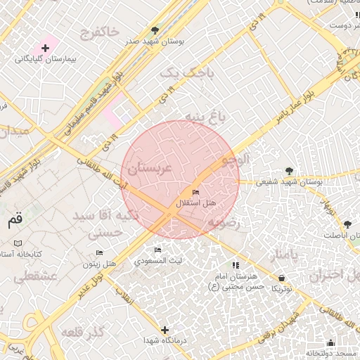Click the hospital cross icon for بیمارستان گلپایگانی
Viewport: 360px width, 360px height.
coord(46,49)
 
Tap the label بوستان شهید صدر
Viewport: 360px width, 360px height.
coord(155,41)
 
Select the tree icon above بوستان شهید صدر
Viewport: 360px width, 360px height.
coord(155,30)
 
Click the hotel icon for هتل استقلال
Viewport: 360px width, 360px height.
coord(195,192)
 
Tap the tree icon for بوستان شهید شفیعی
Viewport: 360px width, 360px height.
coord(289,169)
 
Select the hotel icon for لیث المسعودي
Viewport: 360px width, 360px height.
coord(157,250)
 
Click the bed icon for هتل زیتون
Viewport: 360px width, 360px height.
coord(99,252)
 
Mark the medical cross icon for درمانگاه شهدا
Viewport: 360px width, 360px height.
coord(165,329)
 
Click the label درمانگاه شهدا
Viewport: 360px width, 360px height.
coord(165,341)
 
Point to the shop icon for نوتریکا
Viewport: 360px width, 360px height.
coord(281,278)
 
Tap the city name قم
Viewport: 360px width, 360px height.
coord(15,221)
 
